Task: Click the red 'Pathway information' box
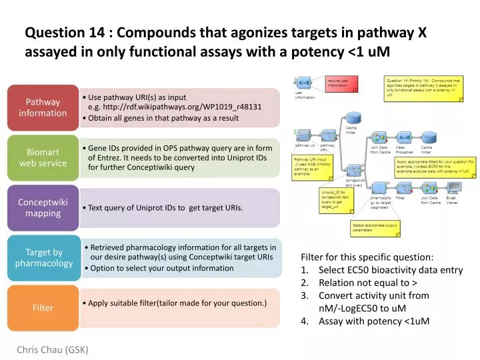click(x=43, y=107)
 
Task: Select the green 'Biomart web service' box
click(x=43, y=158)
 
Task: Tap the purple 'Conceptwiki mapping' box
click(x=43, y=207)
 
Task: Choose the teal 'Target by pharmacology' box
click(x=43, y=257)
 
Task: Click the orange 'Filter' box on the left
click(x=43, y=308)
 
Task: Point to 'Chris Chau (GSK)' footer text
click(x=53, y=349)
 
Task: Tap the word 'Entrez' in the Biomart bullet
click(x=109, y=158)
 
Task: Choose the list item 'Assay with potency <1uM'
click(x=373, y=321)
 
